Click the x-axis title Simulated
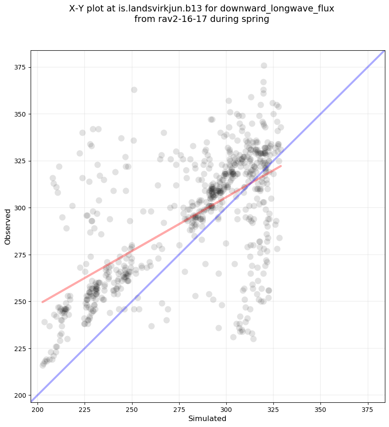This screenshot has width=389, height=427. pos(208,418)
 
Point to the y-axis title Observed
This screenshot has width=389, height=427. pos(8,226)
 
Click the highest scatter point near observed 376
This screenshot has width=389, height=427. pos(264,65)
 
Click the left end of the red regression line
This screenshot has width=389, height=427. pos(43,302)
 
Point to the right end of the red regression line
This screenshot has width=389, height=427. pos(281,166)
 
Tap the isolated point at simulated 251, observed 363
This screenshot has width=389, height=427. pos(134,90)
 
